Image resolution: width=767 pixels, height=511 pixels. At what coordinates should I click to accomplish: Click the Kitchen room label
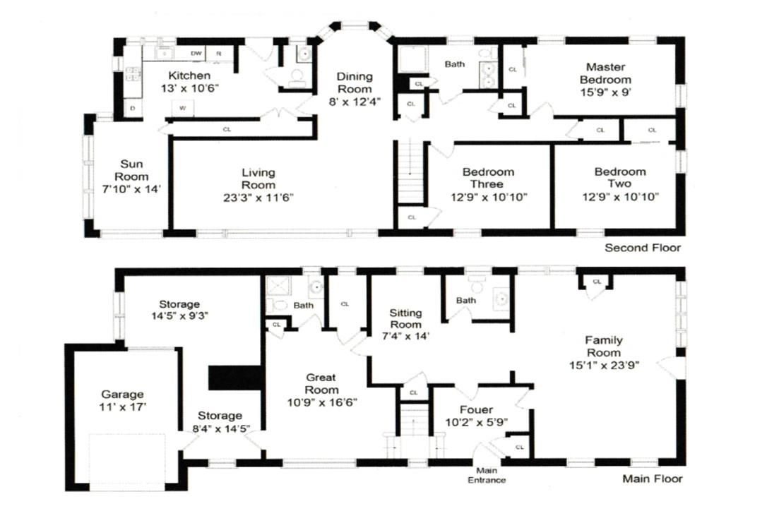click(x=189, y=76)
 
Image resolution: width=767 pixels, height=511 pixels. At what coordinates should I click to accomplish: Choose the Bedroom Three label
click(x=488, y=172)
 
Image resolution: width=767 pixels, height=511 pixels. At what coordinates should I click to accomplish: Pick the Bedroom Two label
click(x=619, y=172)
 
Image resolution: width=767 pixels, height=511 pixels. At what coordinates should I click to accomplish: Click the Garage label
click(x=122, y=395)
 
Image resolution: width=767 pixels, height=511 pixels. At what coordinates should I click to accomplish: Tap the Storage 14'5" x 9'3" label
click(x=179, y=305)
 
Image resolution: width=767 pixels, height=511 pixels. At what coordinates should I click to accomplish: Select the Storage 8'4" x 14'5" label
click(x=220, y=416)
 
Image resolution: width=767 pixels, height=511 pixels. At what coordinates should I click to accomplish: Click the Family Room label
click(x=603, y=341)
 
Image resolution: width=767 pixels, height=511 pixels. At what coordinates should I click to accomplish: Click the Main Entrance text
click(x=487, y=476)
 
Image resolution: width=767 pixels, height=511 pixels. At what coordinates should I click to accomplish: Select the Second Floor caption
click(x=642, y=248)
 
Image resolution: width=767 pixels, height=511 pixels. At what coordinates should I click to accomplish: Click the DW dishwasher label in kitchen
click(x=195, y=53)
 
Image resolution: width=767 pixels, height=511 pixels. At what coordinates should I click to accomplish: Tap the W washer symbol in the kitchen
click(x=182, y=108)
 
